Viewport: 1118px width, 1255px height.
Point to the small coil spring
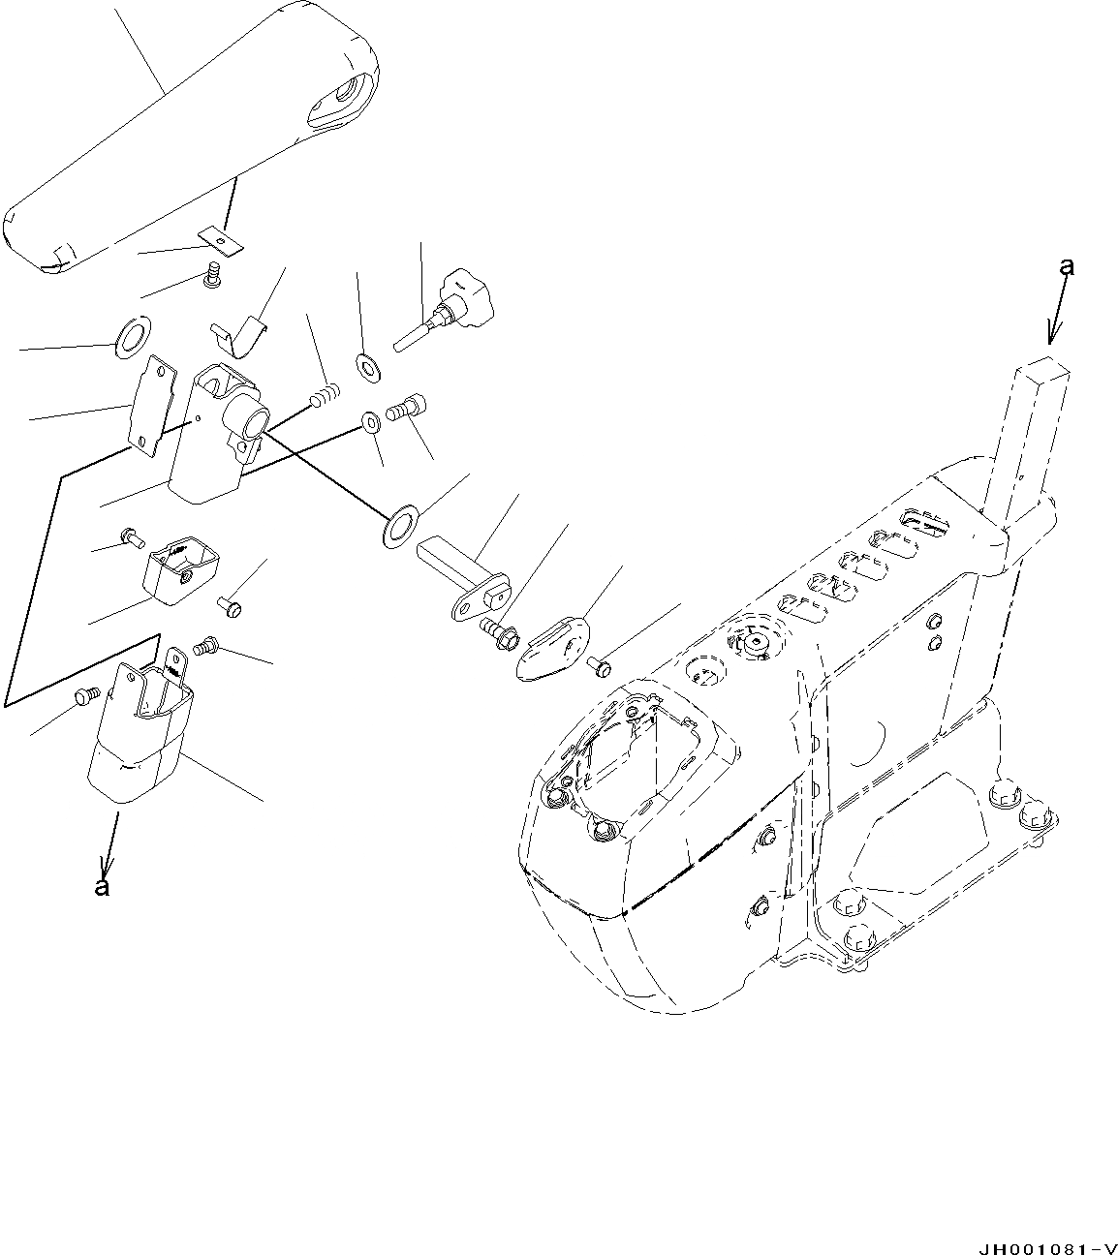(x=326, y=396)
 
